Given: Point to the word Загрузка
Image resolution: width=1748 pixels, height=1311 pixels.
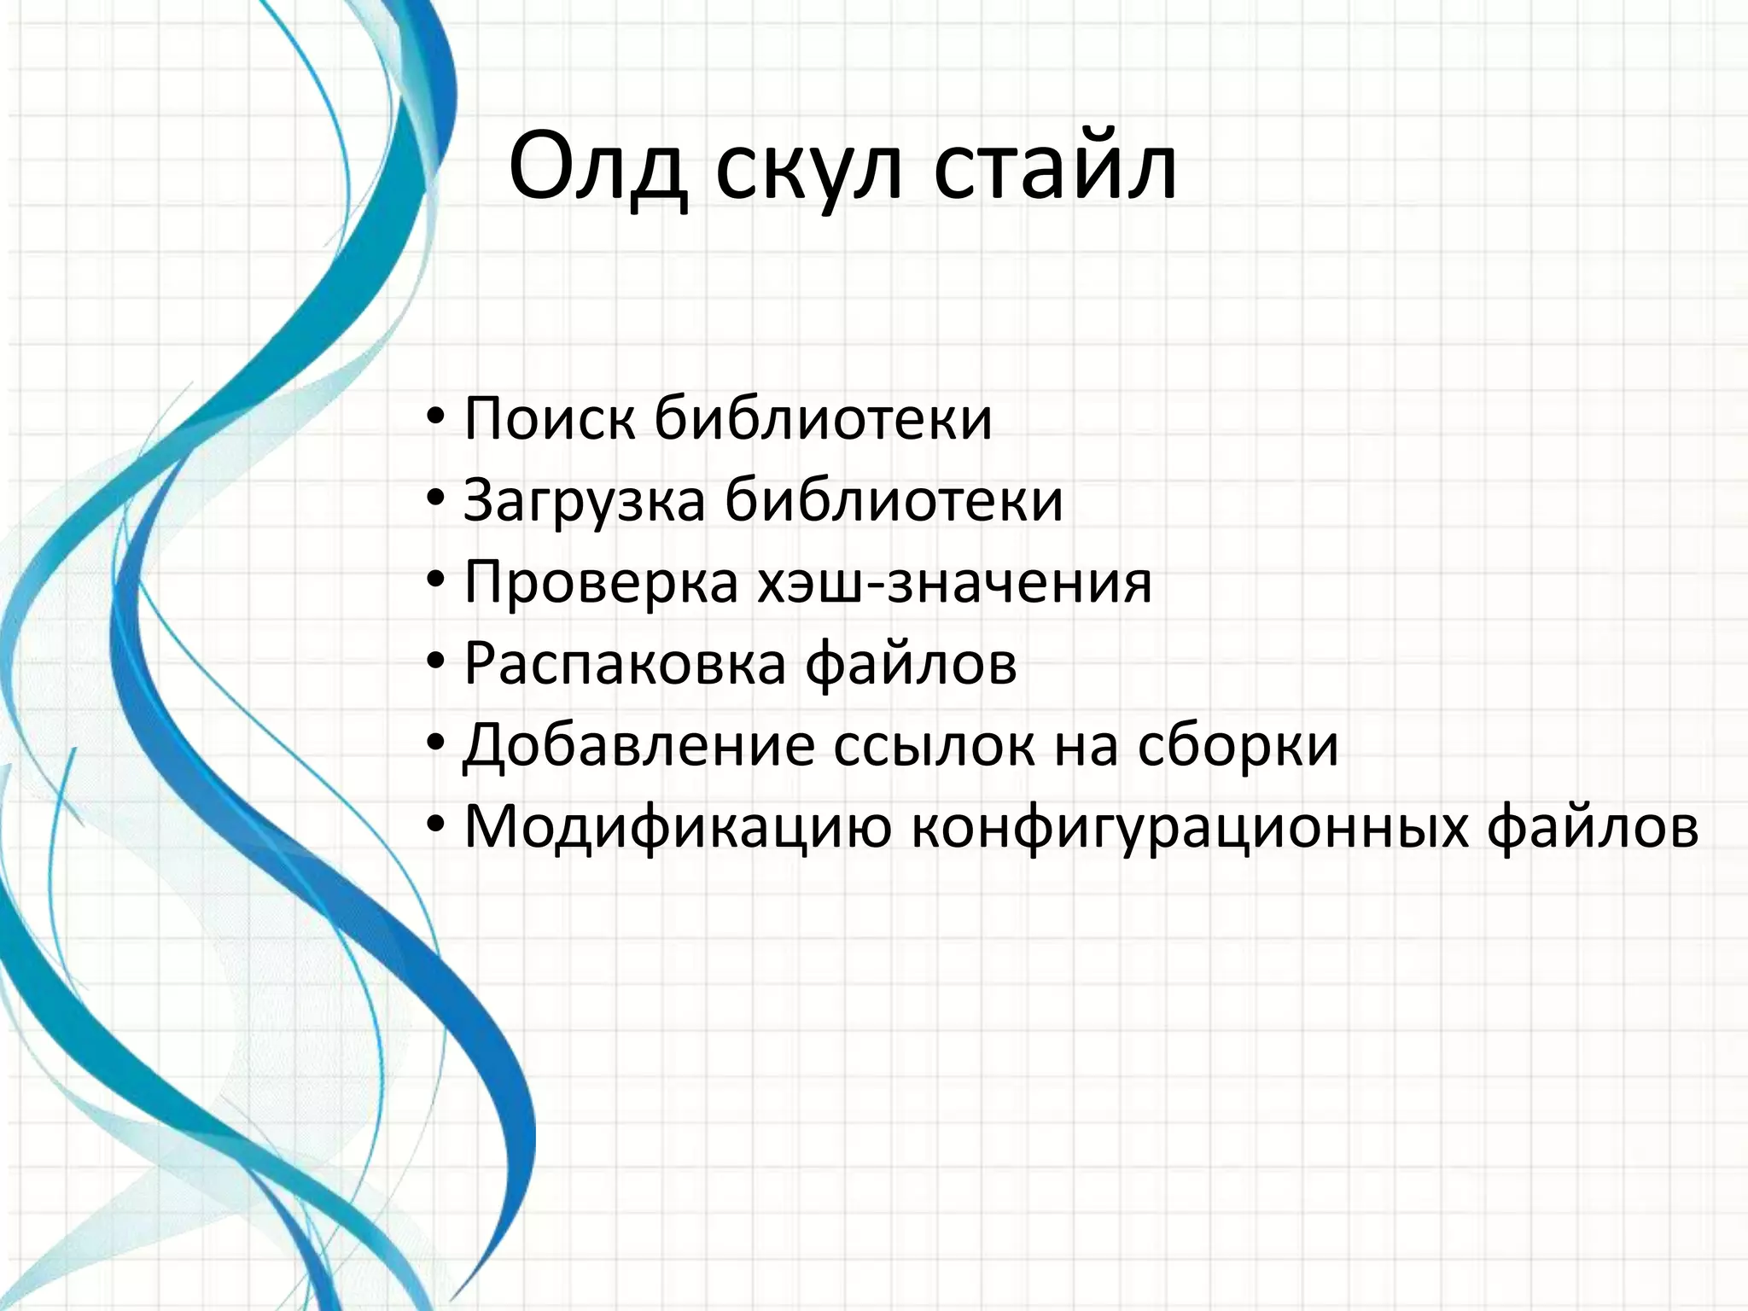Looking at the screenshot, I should [584, 500].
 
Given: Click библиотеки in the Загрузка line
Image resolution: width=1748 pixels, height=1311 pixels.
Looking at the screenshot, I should [894, 500].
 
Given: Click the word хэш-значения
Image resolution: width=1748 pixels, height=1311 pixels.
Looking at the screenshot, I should [954, 582].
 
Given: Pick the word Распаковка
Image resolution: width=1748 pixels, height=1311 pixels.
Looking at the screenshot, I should [624, 664].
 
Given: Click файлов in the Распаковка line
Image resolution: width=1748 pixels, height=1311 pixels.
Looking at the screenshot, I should [911, 664].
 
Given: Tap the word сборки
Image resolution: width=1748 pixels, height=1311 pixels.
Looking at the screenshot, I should [1238, 746].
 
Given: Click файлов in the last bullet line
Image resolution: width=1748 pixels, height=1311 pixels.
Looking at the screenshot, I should [1593, 828].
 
